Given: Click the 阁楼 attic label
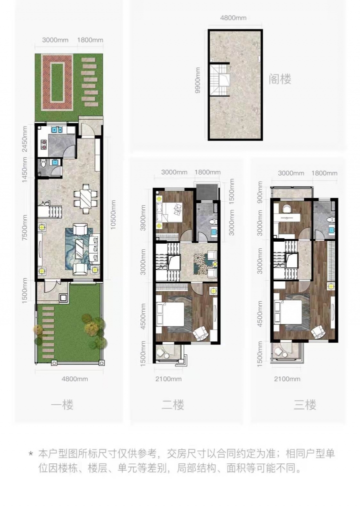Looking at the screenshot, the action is (279, 79).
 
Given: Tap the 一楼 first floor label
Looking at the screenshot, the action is (62, 405).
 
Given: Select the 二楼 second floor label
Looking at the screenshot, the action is (173, 405).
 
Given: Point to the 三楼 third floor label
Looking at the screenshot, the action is (304, 405).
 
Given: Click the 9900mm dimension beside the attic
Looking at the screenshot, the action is (198, 80).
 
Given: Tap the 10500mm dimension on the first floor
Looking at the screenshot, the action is (113, 215).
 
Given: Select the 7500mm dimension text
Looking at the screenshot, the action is (25, 228).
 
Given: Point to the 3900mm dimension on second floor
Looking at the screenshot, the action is (143, 218).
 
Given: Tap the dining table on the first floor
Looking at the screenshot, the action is (85, 199).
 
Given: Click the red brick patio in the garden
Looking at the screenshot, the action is (57, 82).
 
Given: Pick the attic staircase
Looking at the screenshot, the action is (219, 80).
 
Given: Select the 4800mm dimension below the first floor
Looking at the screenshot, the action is (75, 379).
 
